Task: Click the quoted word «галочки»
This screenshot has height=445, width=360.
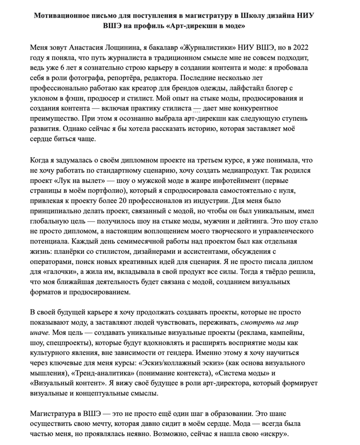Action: [x=57, y=272]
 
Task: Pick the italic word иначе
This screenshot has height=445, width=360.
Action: [x=40, y=333]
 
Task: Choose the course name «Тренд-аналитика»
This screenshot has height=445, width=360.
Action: [x=103, y=373]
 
